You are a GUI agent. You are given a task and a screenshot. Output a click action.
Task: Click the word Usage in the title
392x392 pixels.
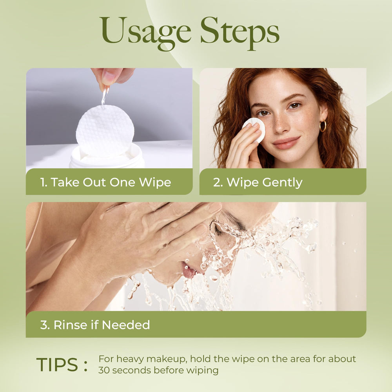146,33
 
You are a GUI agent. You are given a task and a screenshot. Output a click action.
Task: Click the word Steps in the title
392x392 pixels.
240,33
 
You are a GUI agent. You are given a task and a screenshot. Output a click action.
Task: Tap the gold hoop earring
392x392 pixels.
323,126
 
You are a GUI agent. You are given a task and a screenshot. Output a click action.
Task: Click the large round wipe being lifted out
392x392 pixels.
105,131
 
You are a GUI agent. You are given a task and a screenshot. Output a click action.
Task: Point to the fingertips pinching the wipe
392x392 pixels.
110,78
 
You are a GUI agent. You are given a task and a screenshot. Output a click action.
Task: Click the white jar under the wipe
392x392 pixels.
107,157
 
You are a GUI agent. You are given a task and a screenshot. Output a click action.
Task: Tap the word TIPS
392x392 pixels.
57,365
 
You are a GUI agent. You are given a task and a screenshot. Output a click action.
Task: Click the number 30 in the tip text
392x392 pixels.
103,370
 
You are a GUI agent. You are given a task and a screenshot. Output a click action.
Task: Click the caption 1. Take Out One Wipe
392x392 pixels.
105,182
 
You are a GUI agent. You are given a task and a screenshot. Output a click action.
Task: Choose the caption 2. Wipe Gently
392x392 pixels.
258,183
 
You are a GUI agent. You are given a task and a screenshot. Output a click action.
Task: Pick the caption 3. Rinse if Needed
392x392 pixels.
95,325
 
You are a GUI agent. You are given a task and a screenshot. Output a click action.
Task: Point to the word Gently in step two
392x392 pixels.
283,183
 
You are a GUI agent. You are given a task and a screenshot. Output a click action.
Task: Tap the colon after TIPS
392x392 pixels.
86,366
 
